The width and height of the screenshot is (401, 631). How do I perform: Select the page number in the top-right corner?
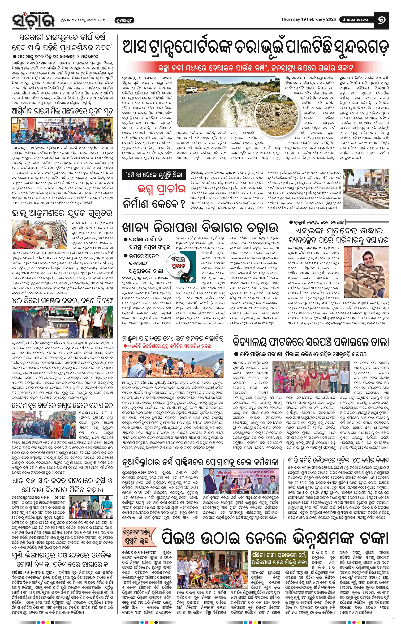pos(382,20)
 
